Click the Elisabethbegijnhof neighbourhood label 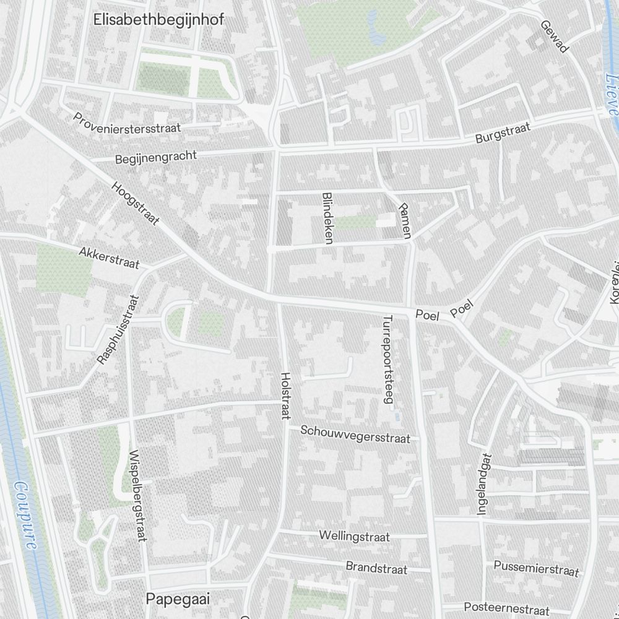tap(159, 19)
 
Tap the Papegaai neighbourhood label tap(178, 599)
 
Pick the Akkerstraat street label tap(110, 258)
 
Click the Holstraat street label tap(285, 396)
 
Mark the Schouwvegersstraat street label tap(355, 434)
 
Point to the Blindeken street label tap(327, 217)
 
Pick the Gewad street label tap(554, 35)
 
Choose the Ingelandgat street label tap(483, 484)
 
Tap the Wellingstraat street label tap(355, 536)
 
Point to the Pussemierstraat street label tap(536, 568)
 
